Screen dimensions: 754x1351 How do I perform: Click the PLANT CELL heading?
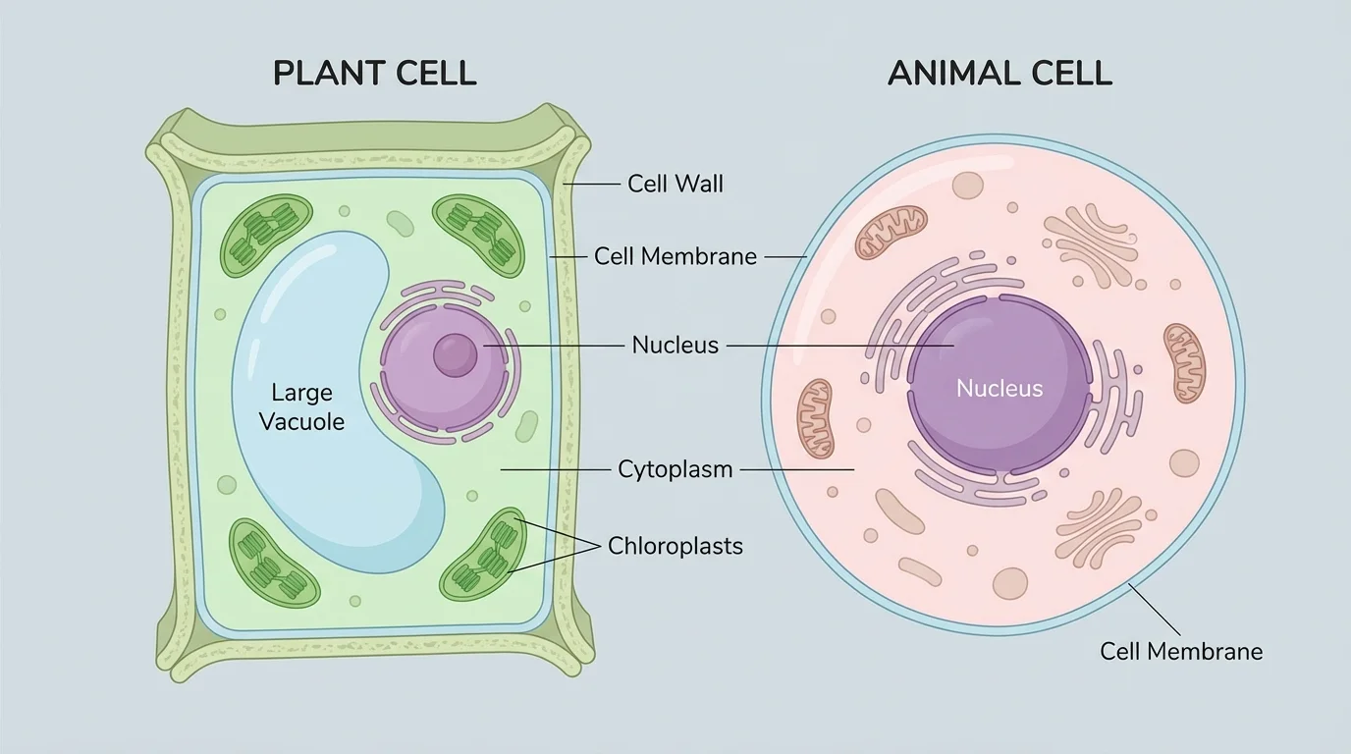tap(374, 74)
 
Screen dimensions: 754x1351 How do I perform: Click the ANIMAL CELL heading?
tap(1000, 74)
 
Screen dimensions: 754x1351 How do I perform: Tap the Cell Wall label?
tap(675, 184)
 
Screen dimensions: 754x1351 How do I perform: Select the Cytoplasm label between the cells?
tap(675, 469)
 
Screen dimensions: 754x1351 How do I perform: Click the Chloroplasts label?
tap(675, 546)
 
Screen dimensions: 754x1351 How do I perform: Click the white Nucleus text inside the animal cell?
tap(1000, 389)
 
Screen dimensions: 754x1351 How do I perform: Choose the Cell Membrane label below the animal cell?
tap(1180, 651)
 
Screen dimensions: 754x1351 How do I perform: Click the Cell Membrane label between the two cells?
tap(675, 257)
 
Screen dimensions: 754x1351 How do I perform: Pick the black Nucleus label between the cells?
tap(675, 346)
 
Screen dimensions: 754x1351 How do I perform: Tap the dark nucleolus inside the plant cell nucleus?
tap(454, 354)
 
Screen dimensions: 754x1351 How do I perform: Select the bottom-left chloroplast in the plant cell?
tap(274, 563)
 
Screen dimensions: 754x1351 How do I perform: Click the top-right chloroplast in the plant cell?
tap(479, 237)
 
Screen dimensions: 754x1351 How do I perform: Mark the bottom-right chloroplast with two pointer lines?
tap(484, 555)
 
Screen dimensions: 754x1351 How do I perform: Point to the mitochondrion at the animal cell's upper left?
tap(891, 232)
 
